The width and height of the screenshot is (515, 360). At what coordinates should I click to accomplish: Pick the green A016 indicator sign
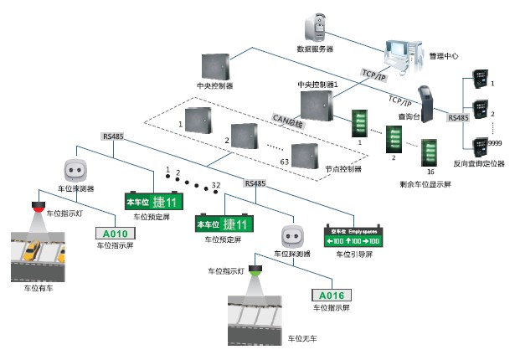coord(332,295)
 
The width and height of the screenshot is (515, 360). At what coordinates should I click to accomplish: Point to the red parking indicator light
coord(39,206)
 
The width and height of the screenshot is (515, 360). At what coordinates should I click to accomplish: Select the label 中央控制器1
coord(316,85)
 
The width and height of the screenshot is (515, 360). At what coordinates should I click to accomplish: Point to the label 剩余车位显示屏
coord(425,183)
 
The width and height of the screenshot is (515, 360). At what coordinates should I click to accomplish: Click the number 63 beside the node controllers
coord(285,161)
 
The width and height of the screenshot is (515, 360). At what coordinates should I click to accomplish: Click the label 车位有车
coord(39,287)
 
